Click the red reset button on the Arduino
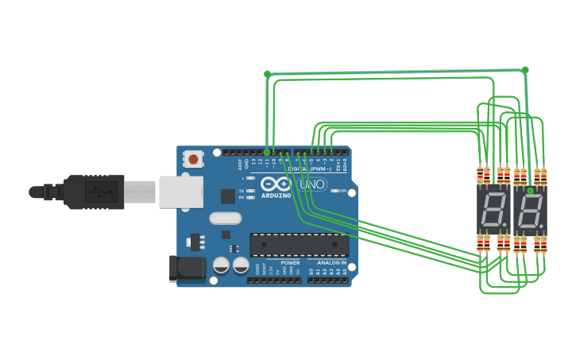pos(193,159)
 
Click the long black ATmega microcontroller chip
pos(299,245)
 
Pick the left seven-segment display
pos(493,211)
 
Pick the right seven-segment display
pos(530,211)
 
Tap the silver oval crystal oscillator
pos(225,218)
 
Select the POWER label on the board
pos(290,262)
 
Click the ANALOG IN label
pos(332,262)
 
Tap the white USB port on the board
pos(180,192)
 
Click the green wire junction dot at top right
pos(525,70)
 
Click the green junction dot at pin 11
pos(267,151)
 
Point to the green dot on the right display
pos(530,191)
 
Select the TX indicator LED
pos(250,191)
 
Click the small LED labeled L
pos(250,178)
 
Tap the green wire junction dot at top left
pos(267,74)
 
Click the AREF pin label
pos(240,165)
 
